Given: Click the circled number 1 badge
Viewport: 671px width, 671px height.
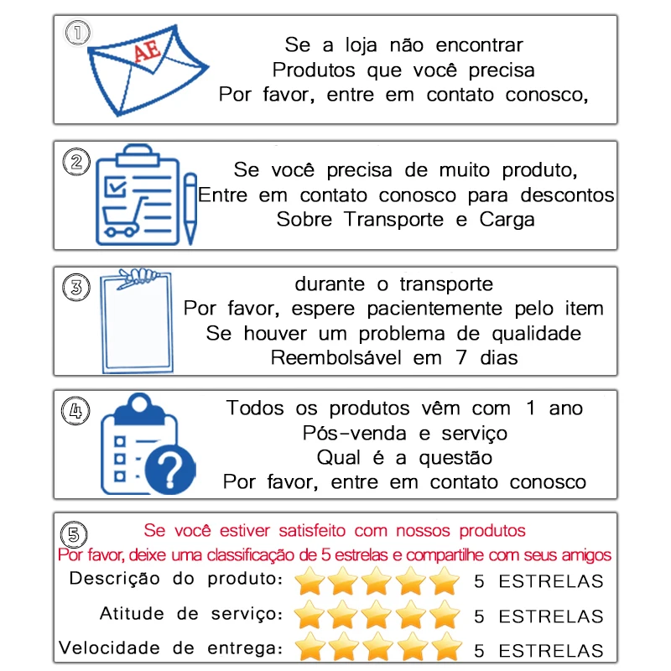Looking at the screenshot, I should [x=78, y=33].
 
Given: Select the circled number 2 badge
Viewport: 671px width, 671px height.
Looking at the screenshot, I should [x=77, y=161].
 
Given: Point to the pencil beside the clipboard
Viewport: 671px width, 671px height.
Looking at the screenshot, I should [x=190, y=206].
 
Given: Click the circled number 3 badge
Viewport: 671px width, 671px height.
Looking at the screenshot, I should [x=77, y=287].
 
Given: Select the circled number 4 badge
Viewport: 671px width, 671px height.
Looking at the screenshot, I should [x=77, y=411].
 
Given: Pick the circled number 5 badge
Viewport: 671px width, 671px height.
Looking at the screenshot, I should [x=76, y=534].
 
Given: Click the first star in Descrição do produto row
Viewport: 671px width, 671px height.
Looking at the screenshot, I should [x=311, y=580].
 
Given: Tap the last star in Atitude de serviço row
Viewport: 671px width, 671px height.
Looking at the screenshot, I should [x=444, y=615].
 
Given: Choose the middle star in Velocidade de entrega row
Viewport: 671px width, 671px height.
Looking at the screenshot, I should [x=378, y=648].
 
